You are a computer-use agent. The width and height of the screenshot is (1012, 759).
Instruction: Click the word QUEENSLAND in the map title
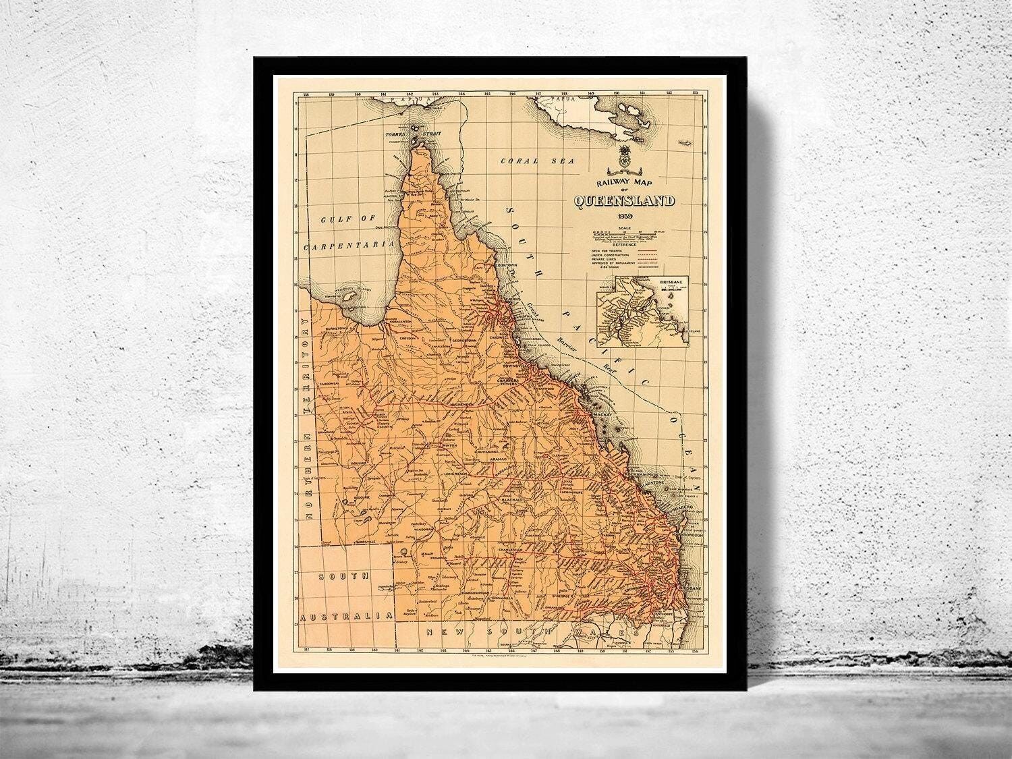[x=625, y=200]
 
